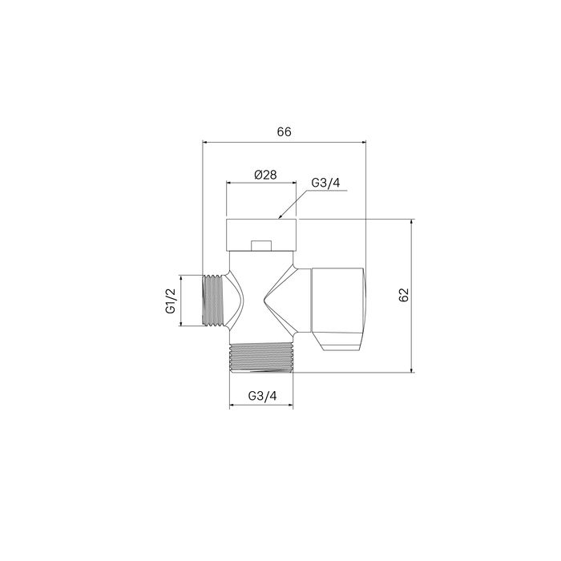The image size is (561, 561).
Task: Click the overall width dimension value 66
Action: point(283,132)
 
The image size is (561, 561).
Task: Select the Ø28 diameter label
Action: point(264,175)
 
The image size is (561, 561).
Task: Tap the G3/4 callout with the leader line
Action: point(326,183)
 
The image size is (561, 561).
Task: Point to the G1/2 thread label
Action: point(171,301)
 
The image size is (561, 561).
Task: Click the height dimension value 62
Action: point(404,295)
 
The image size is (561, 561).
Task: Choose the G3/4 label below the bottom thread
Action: point(263,396)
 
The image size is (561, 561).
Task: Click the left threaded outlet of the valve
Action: point(212,301)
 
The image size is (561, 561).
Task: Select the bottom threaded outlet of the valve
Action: point(263,358)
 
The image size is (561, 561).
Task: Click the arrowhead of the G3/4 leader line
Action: point(280,216)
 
